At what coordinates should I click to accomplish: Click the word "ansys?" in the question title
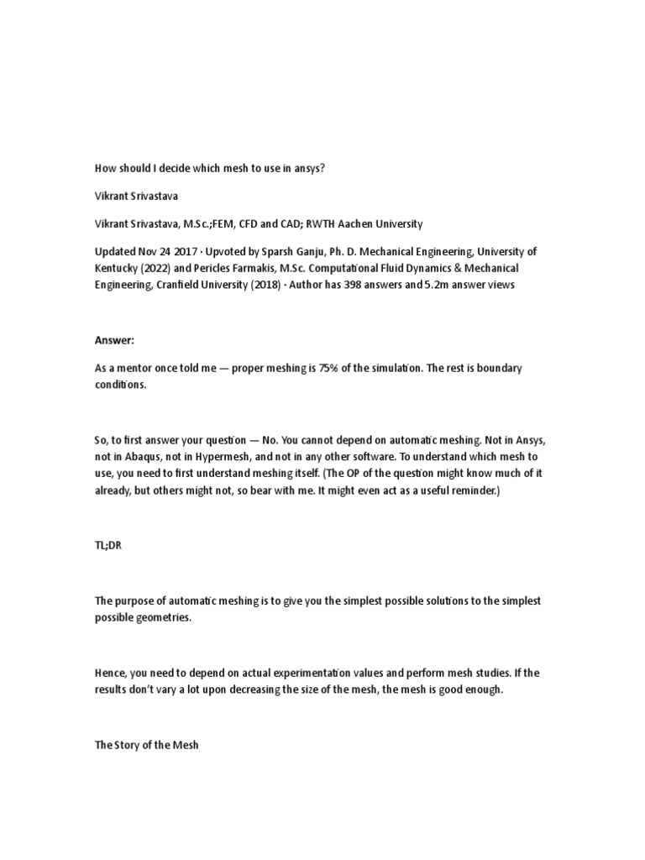[x=307, y=168]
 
